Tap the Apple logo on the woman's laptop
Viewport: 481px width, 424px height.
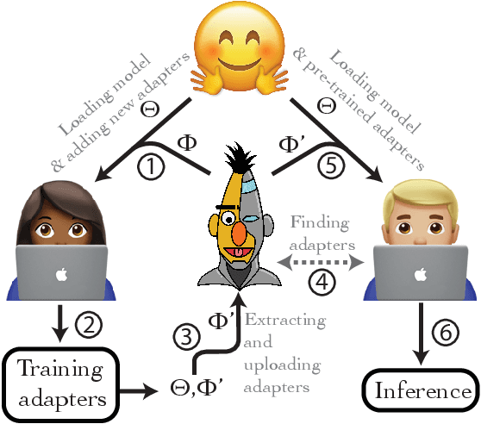point(59,275)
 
